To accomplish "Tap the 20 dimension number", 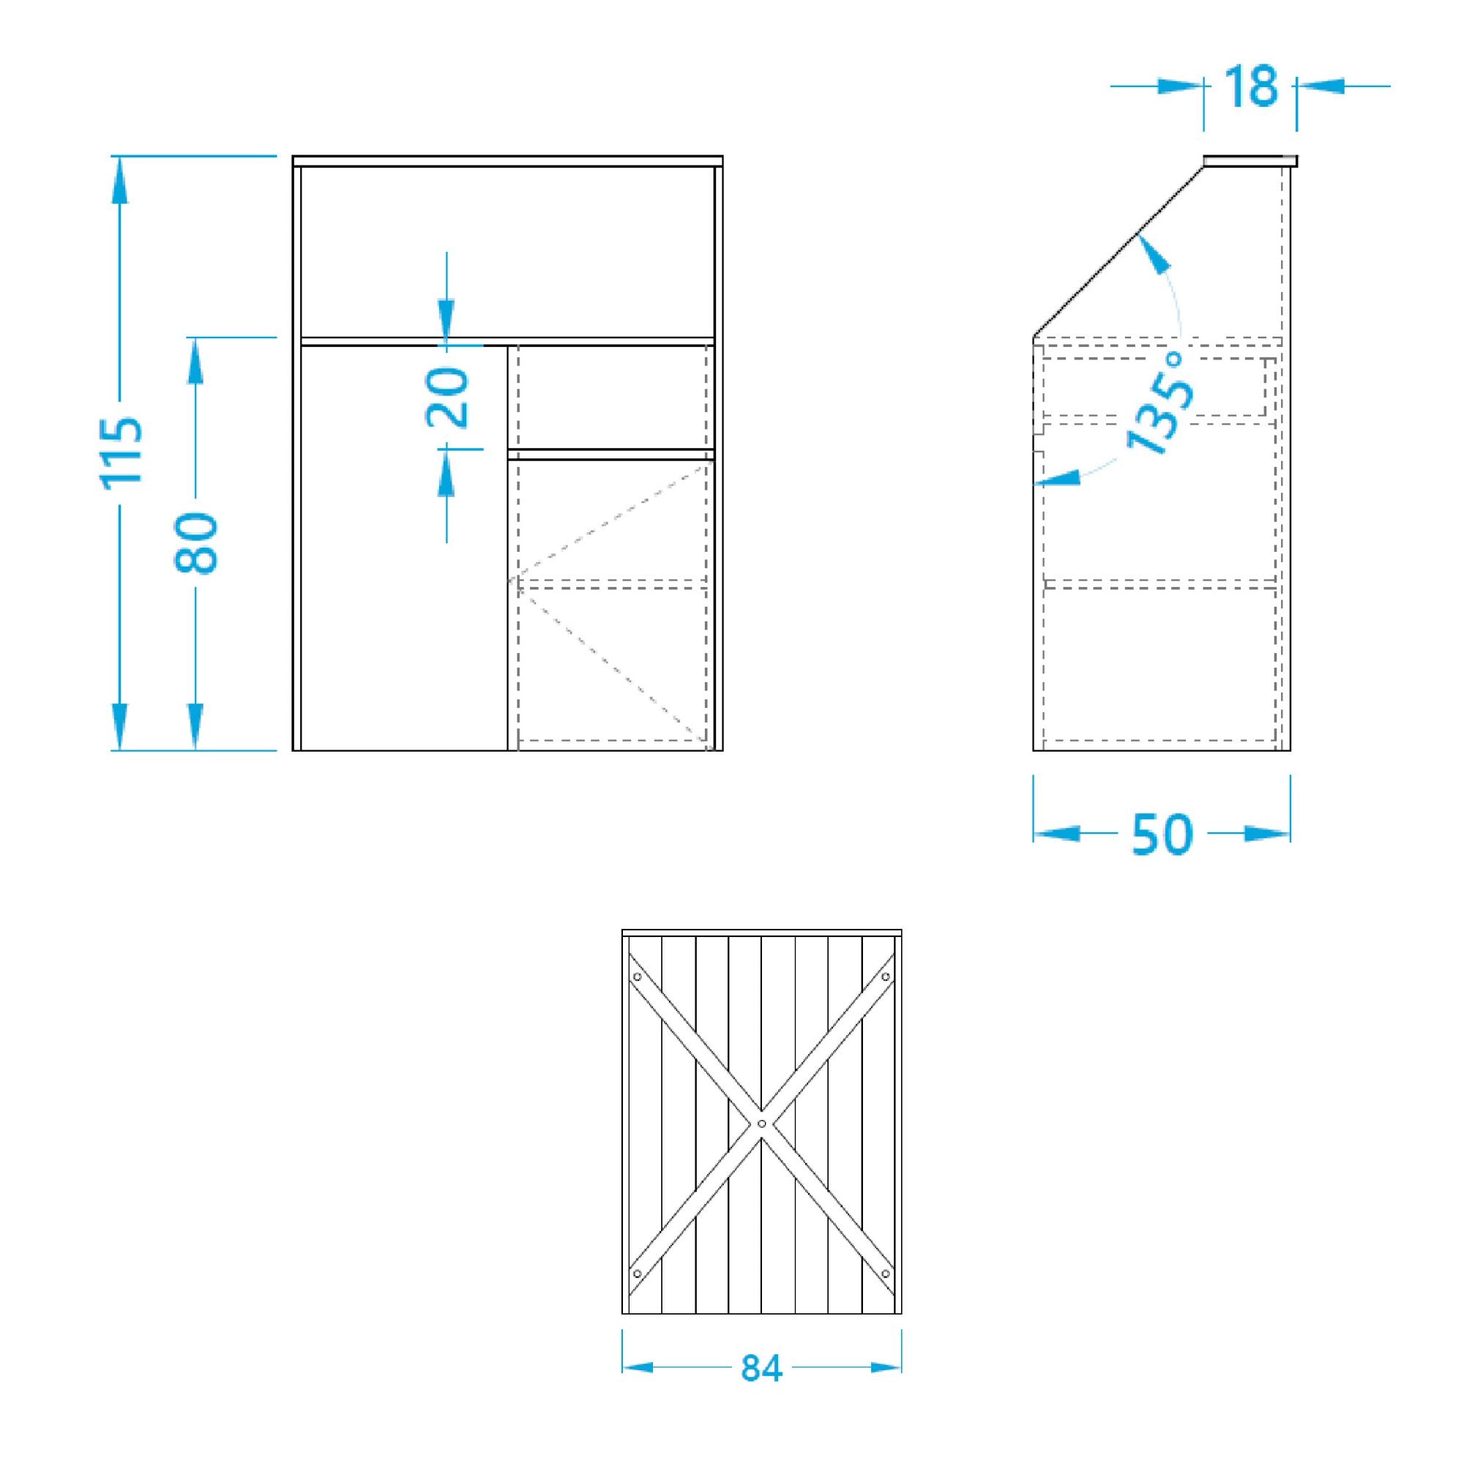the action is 448,397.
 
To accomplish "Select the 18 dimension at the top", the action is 1250,86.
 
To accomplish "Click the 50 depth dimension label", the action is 1162,834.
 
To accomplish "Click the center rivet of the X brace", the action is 761,1122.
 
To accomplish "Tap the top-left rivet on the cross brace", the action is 638,976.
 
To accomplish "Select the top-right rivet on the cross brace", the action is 885,976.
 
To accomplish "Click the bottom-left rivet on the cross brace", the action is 638,1273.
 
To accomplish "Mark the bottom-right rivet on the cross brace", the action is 885,1273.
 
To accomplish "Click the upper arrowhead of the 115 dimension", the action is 120,181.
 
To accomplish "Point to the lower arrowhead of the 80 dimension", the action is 195,726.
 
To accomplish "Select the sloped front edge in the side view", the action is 1118,252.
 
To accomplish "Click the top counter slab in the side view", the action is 1250,160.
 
